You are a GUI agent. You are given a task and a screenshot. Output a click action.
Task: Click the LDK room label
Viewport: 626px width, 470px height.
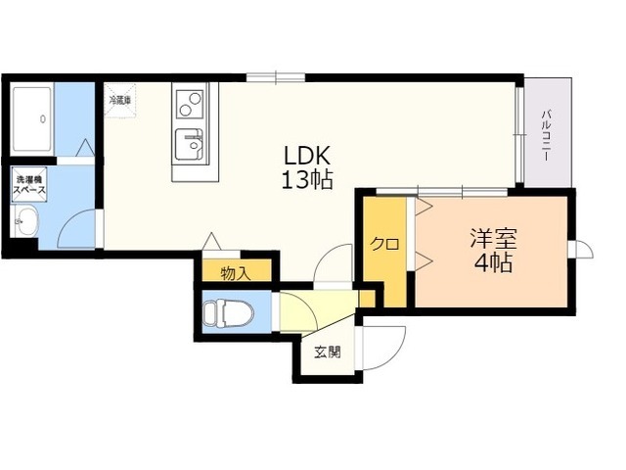click(x=307, y=156)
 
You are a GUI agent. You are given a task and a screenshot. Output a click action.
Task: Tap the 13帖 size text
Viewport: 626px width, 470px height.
click(x=307, y=179)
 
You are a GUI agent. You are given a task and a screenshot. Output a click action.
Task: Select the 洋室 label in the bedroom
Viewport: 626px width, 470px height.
click(x=493, y=239)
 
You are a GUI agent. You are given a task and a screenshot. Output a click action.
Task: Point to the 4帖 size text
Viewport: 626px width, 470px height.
click(x=493, y=262)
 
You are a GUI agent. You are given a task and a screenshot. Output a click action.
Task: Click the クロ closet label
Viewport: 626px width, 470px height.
click(x=384, y=244)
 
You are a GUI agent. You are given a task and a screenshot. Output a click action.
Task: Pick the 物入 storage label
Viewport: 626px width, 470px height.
click(x=236, y=274)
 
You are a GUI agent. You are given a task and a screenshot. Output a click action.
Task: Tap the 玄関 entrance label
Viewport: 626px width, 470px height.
click(x=328, y=352)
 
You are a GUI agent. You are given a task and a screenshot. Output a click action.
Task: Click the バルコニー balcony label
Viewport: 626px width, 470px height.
click(x=546, y=135)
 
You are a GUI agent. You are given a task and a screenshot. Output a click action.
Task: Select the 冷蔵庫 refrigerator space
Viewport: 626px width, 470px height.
click(x=120, y=100)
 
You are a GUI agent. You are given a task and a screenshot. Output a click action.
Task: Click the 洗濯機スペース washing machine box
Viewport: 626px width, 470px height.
click(x=29, y=184)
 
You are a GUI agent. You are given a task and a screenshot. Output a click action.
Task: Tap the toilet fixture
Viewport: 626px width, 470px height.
click(x=228, y=312)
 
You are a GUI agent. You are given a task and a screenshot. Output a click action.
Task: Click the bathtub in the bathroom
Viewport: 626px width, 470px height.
click(x=32, y=119)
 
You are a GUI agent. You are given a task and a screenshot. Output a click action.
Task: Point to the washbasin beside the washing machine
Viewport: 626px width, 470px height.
click(x=26, y=220)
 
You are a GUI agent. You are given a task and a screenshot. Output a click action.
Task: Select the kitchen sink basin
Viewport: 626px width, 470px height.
click(x=190, y=144)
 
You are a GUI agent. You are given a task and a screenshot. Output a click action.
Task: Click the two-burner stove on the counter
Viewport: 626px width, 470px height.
click(x=190, y=104)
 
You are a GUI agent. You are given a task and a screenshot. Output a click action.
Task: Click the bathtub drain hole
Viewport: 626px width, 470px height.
click(x=43, y=118)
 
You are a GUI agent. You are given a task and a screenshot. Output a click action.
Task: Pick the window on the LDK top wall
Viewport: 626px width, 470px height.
click(x=276, y=77)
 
